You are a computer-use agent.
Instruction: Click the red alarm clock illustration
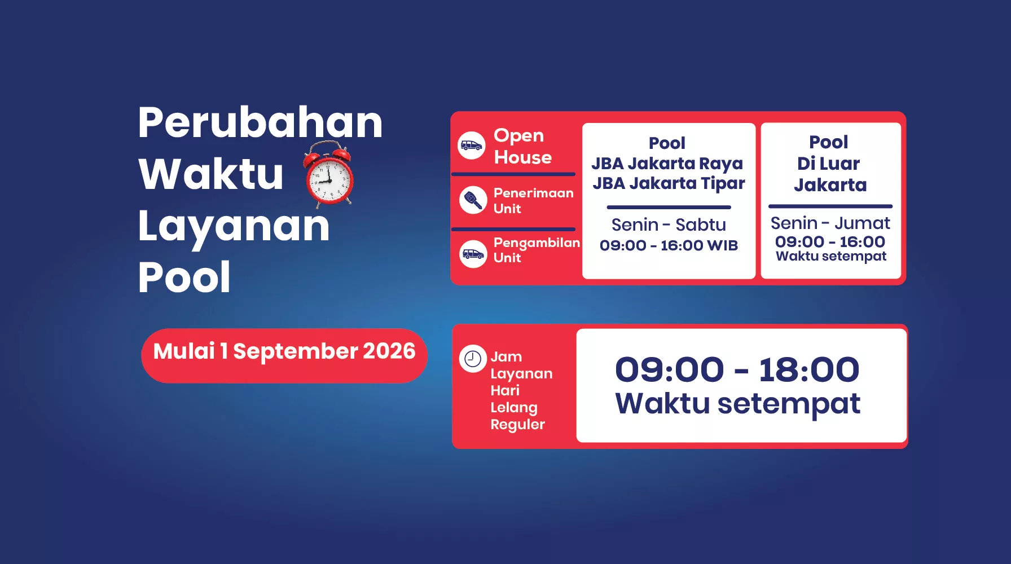pos(329,173)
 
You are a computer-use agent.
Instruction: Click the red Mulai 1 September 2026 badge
pos(284,356)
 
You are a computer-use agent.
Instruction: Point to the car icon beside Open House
pos(472,146)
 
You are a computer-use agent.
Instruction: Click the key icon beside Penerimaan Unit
pos(473,200)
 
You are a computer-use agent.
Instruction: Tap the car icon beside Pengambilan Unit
pos(473,254)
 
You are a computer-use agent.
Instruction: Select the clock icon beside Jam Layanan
pos(473,359)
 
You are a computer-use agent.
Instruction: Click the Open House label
pos(522,146)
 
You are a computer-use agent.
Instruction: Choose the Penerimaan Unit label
pos(533,200)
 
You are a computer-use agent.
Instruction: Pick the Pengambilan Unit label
pos(537,250)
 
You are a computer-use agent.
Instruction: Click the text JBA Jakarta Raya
pos(667,164)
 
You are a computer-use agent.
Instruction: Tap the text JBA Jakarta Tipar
pos(669,184)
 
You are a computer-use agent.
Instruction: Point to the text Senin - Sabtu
pos(669,224)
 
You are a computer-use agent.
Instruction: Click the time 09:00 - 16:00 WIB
pos(669,245)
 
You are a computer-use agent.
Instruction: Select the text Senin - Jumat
pos(830,223)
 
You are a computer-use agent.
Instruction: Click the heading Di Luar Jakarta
pos(829,174)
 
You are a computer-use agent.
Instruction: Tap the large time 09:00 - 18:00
pos(737,369)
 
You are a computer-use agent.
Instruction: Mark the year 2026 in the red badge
pos(389,351)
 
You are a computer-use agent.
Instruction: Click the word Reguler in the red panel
pos(517,425)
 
